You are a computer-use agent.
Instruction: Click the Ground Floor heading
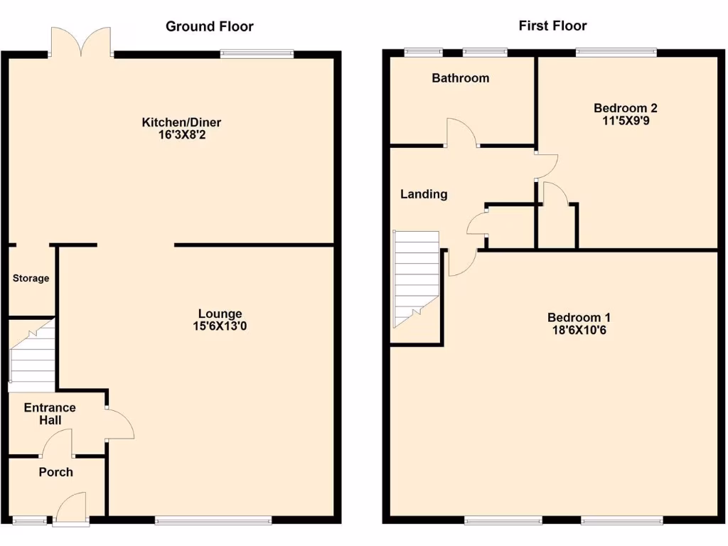[209, 26]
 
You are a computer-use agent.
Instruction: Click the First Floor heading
[552, 26]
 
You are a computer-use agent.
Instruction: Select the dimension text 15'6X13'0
[220, 326]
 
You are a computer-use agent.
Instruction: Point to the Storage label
[31, 278]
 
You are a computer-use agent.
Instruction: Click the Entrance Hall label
[50, 414]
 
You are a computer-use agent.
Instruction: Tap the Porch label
[55, 472]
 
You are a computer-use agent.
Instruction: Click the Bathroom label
[460, 78]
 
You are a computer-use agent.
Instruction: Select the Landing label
[424, 194]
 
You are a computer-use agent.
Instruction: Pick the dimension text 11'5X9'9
[625, 121]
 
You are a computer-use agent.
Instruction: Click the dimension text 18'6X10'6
[578, 330]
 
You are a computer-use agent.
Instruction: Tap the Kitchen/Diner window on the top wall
[257, 53]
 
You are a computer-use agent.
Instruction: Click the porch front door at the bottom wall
[70, 510]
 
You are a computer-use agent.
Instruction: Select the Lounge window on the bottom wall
[213, 520]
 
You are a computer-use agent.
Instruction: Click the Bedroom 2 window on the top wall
[616, 52]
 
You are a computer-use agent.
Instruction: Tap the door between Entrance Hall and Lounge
[119, 425]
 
